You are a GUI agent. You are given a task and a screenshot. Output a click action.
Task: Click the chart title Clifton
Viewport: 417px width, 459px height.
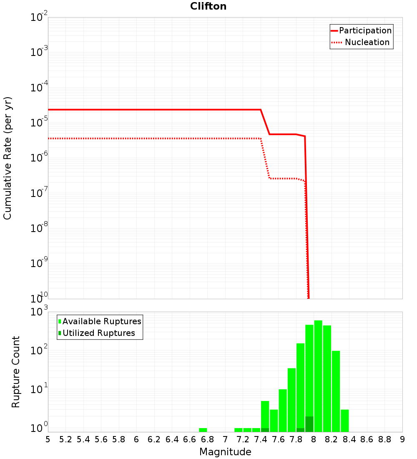(x=208, y=6)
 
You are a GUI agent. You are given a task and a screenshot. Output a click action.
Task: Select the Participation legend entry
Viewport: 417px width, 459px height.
(x=365, y=30)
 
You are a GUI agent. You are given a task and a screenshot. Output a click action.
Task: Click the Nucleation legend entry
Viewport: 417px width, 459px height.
(x=367, y=42)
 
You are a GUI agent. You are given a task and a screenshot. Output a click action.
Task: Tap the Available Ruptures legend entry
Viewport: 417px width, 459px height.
(x=102, y=321)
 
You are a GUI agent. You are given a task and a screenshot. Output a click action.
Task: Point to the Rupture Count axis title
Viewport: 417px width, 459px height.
(x=16, y=371)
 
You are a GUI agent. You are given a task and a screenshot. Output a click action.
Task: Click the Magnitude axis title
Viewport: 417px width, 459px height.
(x=225, y=452)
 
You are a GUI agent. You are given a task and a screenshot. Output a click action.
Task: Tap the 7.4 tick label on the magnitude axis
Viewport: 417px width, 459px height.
(x=261, y=439)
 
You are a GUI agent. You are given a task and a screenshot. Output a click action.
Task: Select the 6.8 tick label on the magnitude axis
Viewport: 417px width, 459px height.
(x=207, y=439)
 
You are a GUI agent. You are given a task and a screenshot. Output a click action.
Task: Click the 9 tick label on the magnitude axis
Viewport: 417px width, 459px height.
(x=402, y=439)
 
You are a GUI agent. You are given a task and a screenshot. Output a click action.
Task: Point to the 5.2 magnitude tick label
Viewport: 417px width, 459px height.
(x=65, y=439)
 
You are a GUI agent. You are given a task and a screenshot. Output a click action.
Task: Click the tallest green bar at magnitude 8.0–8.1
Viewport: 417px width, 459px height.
(x=318, y=376)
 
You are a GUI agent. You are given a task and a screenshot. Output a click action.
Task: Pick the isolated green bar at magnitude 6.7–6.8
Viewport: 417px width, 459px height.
(x=203, y=430)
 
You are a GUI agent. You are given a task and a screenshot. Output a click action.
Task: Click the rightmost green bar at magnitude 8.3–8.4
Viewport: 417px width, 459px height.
(x=345, y=421)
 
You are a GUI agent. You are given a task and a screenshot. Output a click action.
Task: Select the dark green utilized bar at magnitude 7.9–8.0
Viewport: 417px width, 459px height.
(x=309, y=424)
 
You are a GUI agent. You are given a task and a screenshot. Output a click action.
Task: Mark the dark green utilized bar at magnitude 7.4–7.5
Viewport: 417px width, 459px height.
(x=265, y=430)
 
